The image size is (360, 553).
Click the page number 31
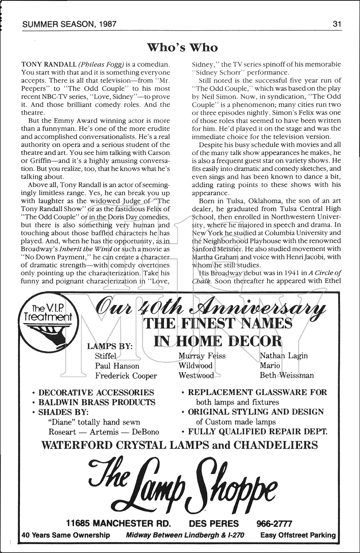tap(337, 24)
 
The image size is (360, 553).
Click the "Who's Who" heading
tap(182, 48)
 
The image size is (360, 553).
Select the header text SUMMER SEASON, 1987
tap(69, 24)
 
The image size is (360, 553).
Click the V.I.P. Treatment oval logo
tap(47, 317)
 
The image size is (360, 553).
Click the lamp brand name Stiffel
tap(105, 356)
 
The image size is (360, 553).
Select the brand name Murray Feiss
tap(202, 356)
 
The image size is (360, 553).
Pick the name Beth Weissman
tap(287, 375)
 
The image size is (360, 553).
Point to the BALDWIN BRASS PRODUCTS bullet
tap(97, 402)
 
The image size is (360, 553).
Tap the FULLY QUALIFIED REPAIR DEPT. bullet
tap(257, 431)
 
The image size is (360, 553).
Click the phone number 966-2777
tap(274, 524)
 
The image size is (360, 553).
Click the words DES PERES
tap(214, 524)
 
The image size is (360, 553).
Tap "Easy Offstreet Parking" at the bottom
tap(298, 535)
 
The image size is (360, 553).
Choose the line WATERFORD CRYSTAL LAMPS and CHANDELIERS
tap(179, 445)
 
